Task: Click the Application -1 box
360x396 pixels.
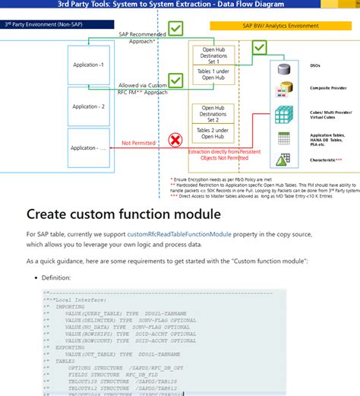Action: (88, 65)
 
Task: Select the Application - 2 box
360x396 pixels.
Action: (88, 106)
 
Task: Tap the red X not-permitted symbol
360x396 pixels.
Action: (175, 140)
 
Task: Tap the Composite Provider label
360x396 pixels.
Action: (330, 87)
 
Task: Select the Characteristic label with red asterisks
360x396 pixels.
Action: (327, 160)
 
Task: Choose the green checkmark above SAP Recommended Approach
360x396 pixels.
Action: (175, 29)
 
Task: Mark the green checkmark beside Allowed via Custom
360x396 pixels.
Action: (175, 80)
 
